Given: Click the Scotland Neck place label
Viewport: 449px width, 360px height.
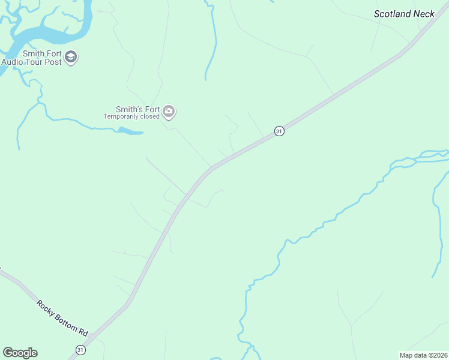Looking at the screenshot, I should point(408,13).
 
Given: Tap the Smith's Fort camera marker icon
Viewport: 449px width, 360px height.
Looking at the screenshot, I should point(169,112).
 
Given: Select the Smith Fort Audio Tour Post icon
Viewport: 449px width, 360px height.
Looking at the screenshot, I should point(71,58).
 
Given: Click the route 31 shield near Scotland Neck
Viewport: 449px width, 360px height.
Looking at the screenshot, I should point(279,131).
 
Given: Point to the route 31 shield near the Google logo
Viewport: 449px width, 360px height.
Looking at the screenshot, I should point(81,349).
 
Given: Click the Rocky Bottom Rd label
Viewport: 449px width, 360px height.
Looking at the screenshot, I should point(62,317).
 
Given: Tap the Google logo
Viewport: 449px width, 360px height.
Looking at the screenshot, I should point(20,353).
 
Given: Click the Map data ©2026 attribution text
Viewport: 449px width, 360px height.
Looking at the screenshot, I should point(424,355).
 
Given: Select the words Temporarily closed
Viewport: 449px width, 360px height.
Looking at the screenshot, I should point(131,116).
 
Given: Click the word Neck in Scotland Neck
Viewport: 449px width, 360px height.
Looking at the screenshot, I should point(431,13).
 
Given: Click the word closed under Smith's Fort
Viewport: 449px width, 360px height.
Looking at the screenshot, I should point(150,116).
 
